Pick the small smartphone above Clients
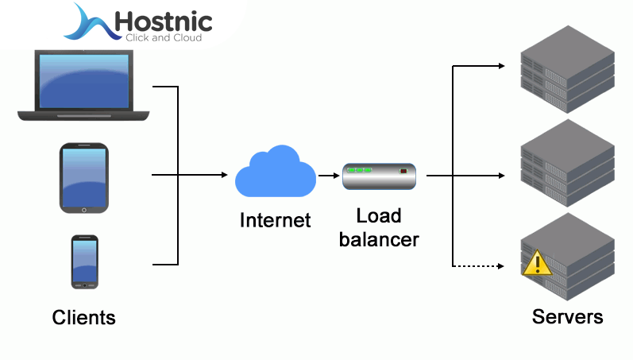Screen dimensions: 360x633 pyautogui.click(x=84, y=261)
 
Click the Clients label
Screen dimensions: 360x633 pyautogui.click(x=83, y=318)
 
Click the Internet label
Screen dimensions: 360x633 pyautogui.click(x=275, y=219)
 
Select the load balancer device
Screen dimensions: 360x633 pyautogui.click(x=380, y=176)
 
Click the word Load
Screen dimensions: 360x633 pyautogui.click(x=379, y=215)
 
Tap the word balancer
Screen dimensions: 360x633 pyautogui.click(x=379, y=238)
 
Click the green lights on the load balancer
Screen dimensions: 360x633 pyautogui.click(x=359, y=170)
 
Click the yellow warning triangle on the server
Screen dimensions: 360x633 pyautogui.click(x=538, y=262)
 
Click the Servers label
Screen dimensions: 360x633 pyautogui.click(x=567, y=317)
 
